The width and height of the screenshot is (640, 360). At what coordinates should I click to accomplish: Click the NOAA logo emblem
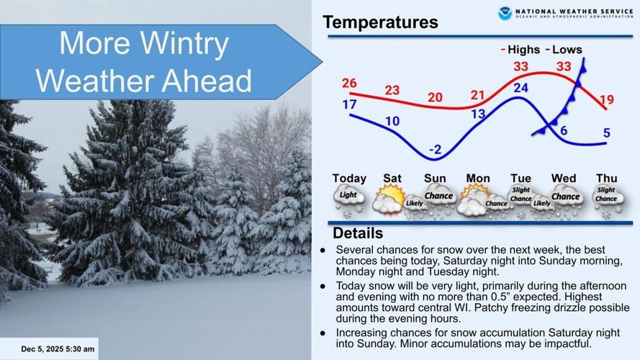click(x=505, y=13)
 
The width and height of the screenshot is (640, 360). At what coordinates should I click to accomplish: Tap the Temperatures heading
click(x=380, y=22)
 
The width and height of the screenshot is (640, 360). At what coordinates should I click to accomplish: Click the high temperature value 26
click(x=349, y=83)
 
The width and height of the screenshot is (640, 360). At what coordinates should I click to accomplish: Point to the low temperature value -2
click(x=435, y=150)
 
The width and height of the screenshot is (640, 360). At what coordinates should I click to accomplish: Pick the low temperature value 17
click(x=349, y=104)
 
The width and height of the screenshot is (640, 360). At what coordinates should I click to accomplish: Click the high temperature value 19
click(x=605, y=99)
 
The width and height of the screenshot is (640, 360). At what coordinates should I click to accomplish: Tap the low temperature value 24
click(x=520, y=88)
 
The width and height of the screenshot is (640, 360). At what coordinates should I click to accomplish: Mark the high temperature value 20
click(x=436, y=97)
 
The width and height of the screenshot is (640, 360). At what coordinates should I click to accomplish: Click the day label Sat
click(x=392, y=178)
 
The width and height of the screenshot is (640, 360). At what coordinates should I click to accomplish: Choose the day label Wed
click(x=564, y=178)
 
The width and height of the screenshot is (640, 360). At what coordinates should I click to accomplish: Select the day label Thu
click(x=606, y=178)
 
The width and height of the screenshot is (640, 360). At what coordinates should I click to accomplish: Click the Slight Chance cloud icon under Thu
click(x=606, y=196)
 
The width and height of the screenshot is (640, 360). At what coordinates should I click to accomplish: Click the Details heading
click(x=358, y=234)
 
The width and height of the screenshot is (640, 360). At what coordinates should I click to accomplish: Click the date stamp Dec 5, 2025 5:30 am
click(x=58, y=349)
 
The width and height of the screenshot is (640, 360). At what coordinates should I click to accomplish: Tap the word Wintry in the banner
click(x=184, y=45)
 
